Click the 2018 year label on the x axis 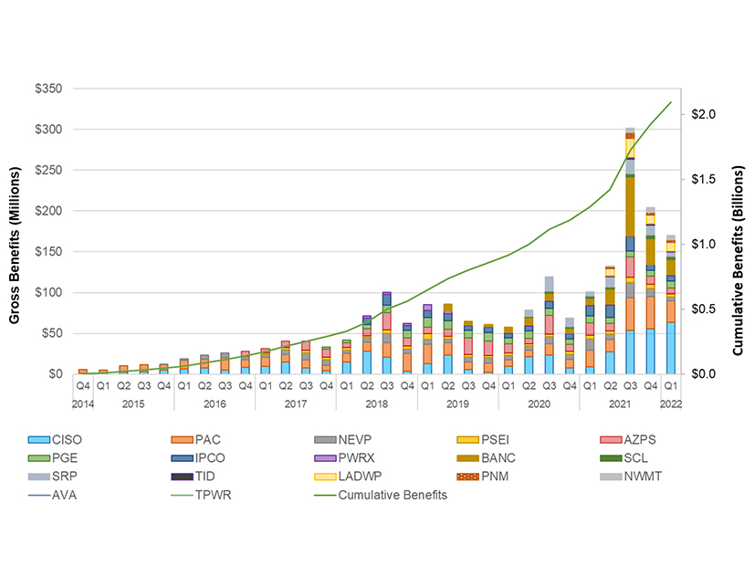(x=376, y=403)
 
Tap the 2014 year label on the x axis (x=82, y=403)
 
